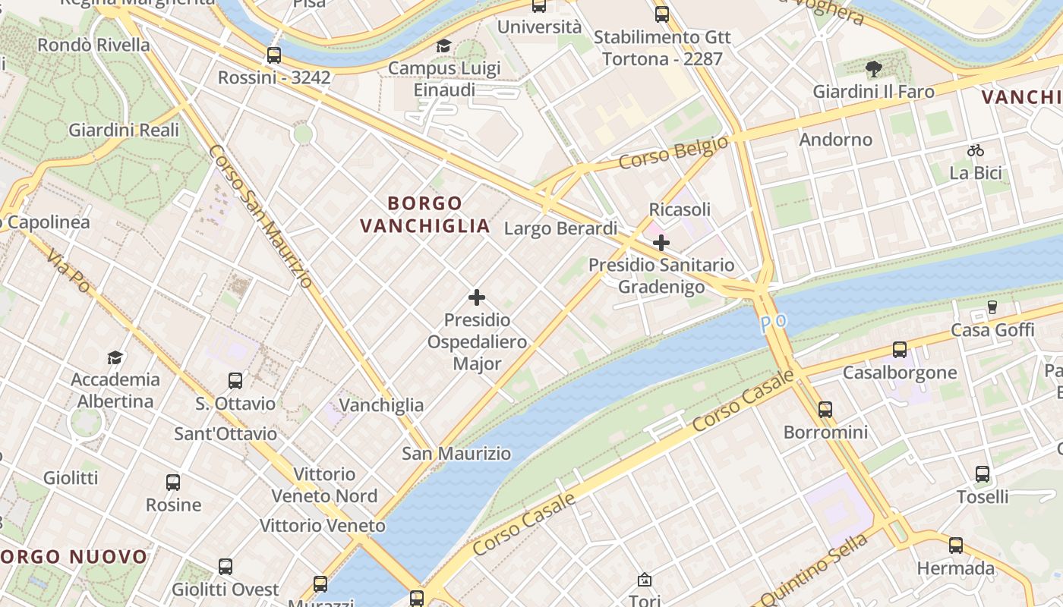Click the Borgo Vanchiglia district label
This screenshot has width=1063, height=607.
click(x=424, y=214)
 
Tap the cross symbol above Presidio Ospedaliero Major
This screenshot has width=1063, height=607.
click(x=477, y=297)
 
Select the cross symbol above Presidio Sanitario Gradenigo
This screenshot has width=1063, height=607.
click(x=661, y=243)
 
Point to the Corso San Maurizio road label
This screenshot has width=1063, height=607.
click(x=260, y=216)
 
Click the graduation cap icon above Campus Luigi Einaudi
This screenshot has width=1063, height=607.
click(x=443, y=46)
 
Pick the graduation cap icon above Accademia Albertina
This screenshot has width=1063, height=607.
click(x=115, y=357)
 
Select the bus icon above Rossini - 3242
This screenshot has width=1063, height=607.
click(x=274, y=55)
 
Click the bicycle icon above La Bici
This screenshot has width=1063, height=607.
click(x=976, y=150)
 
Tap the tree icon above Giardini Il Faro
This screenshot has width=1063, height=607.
click(x=873, y=69)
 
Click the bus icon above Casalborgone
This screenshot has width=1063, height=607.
click(x=900, y=350)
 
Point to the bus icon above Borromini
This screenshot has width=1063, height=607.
click(x=825, y=410)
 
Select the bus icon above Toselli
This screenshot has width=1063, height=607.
click(x=983, y=474)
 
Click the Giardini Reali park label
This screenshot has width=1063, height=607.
click(x=124, y=130)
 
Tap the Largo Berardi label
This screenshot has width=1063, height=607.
click(x=560, y=228)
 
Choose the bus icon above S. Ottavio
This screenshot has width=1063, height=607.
click(x=235, y=381)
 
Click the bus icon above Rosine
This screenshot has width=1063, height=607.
click(x=173, y=482)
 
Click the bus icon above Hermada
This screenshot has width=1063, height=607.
click(x=956, y=546)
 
